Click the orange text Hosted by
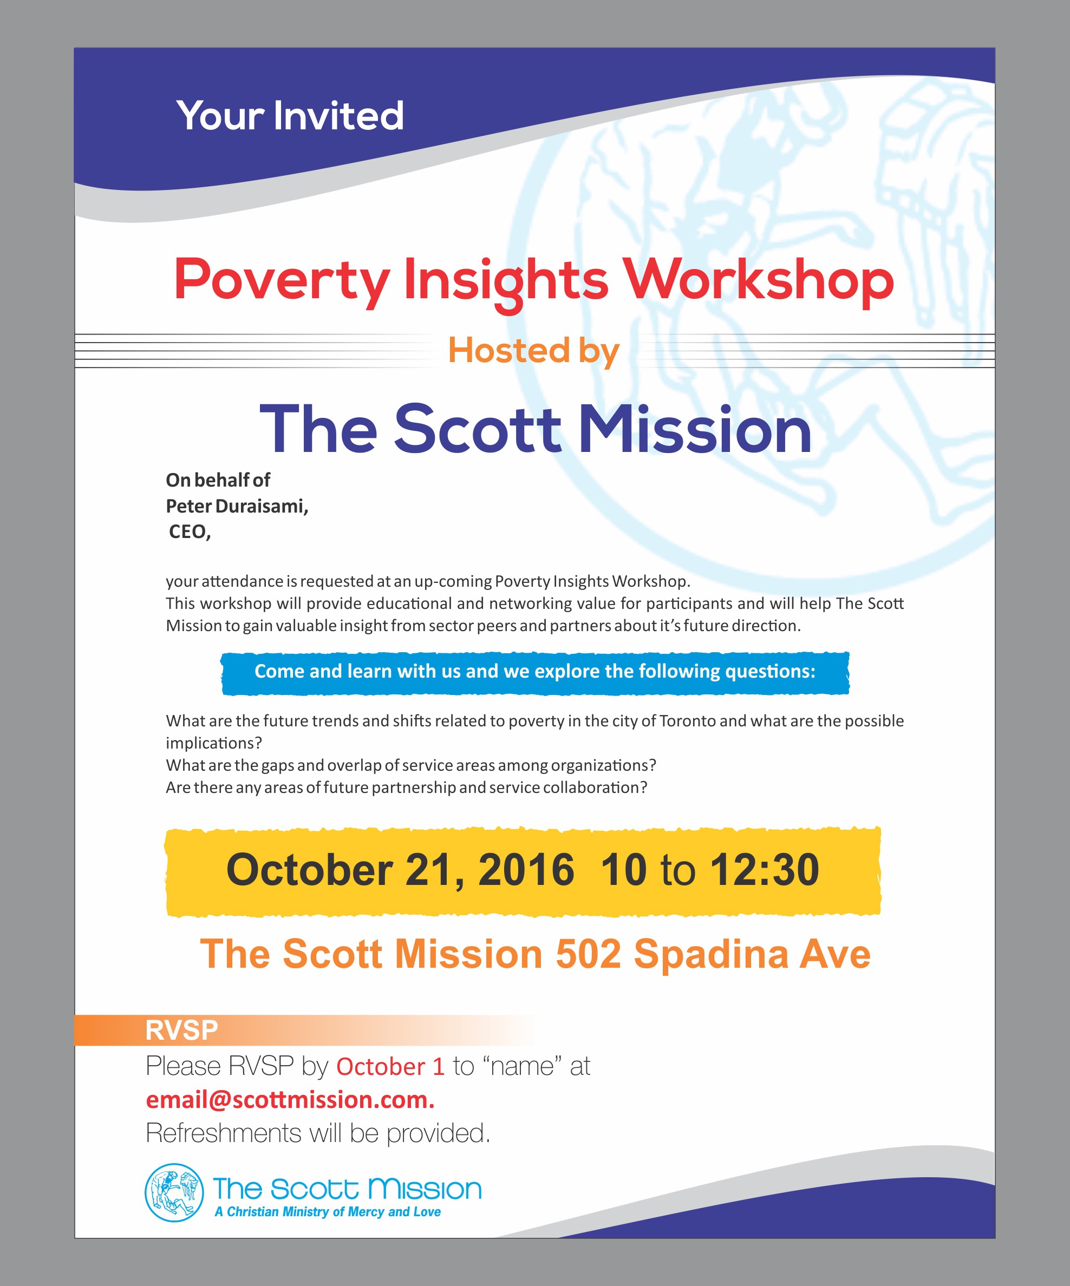tap(534, 351)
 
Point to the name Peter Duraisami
tap(237, 506)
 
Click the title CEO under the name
tap(190, 532)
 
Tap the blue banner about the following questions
tap(535, 672)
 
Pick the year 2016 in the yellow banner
tap(526, 870)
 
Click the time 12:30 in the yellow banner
tap(764, 870)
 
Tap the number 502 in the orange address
tap(588, 954)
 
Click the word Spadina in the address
tap(710, 954)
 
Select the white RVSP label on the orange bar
tap(181, 1030)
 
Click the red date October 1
tap(390, 1066)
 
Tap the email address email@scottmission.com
tap(290, 1100)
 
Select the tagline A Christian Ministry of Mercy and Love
tap(328, 1212)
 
